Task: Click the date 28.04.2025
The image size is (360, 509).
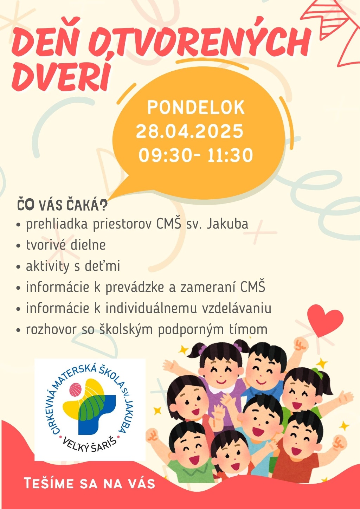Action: pyautogui.click(x=189, y=131)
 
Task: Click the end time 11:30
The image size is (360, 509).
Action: pyautogui.click(x=230, y=155)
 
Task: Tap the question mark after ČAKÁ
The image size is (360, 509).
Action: pyautogui.click(x=103, y=205)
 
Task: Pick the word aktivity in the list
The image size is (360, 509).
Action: pyautogui.click(x=47, y=266)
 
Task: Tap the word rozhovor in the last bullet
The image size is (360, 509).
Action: pyautogui.click(x=51, y=329)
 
